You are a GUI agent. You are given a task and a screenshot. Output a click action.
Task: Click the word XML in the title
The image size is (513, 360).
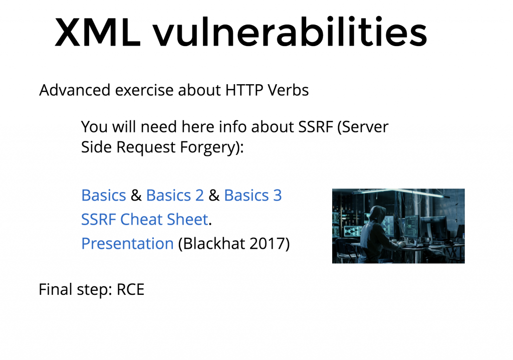(98, 33)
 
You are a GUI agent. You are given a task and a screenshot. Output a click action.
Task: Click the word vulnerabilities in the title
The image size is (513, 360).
(290, 32)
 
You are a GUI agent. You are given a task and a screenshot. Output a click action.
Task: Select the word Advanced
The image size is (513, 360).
(75, 90)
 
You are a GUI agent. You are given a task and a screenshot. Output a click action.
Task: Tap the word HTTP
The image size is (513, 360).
(244, 90)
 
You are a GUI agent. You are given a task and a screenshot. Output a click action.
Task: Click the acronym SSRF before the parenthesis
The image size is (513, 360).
(316, 127)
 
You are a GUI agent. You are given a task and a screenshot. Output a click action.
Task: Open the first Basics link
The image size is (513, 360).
(103, 195)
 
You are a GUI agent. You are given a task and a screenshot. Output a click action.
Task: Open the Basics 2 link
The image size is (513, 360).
(175, 195)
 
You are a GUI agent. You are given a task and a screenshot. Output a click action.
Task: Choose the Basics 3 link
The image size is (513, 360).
(253, 195)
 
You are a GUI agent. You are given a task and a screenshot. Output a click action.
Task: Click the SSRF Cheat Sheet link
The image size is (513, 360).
(145, 219)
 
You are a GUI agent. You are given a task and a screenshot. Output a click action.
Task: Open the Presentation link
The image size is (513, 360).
(127, 243)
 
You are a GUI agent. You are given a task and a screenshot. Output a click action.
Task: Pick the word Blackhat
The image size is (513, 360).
(213, 243)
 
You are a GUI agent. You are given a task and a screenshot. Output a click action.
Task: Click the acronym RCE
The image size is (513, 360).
(131, 290)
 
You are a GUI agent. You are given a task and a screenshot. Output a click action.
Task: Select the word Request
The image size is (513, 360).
(146, 147)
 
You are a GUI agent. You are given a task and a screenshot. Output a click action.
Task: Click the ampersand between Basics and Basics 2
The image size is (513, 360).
(136, 196)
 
